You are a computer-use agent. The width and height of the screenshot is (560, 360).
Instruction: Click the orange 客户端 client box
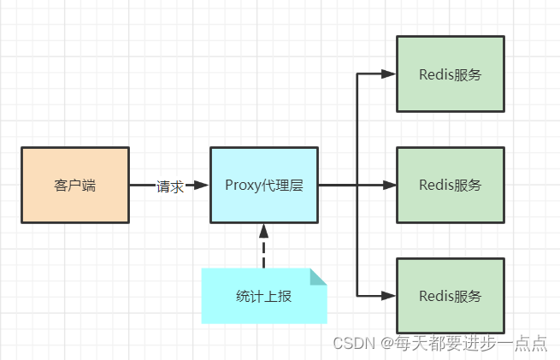(x=75, y=185)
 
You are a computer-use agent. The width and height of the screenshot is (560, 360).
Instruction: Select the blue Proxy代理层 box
(x=263, y=185)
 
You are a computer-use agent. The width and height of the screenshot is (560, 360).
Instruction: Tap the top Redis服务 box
(x=451, y=74)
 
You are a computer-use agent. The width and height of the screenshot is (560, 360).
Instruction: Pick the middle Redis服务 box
(x=451, y=185)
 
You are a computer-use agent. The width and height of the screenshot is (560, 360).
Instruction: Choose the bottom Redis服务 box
(x=451, y=296)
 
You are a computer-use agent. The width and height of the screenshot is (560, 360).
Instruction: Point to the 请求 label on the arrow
(x=169, y=186)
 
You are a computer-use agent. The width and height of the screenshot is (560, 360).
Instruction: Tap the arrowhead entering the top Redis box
(x=389, y=74)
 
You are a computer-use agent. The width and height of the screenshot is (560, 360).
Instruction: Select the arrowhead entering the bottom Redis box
(x=389, y=296)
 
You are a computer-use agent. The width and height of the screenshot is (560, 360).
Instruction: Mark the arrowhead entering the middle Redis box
(x=389, y=185)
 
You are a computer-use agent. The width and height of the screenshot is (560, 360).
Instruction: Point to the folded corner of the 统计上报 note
(x=318, y=276)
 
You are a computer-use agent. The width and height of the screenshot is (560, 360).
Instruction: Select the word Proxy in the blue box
(x=242, y=185)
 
